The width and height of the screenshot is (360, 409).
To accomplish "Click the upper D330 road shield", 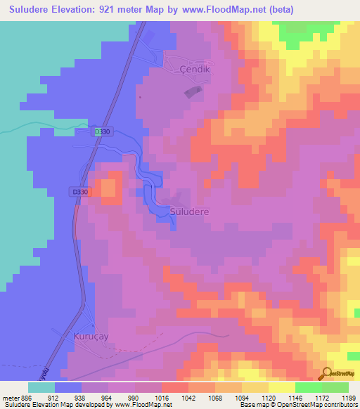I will pos(103,131).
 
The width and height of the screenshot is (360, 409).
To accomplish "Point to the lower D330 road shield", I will pos(80,192).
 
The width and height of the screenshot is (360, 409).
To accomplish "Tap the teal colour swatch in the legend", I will pos(41,387).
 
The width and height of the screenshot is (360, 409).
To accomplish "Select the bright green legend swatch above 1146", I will pos(308,387).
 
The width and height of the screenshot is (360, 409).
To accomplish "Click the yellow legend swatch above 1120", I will pos(281,387).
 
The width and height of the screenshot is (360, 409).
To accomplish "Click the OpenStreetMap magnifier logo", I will pos(327,374).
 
